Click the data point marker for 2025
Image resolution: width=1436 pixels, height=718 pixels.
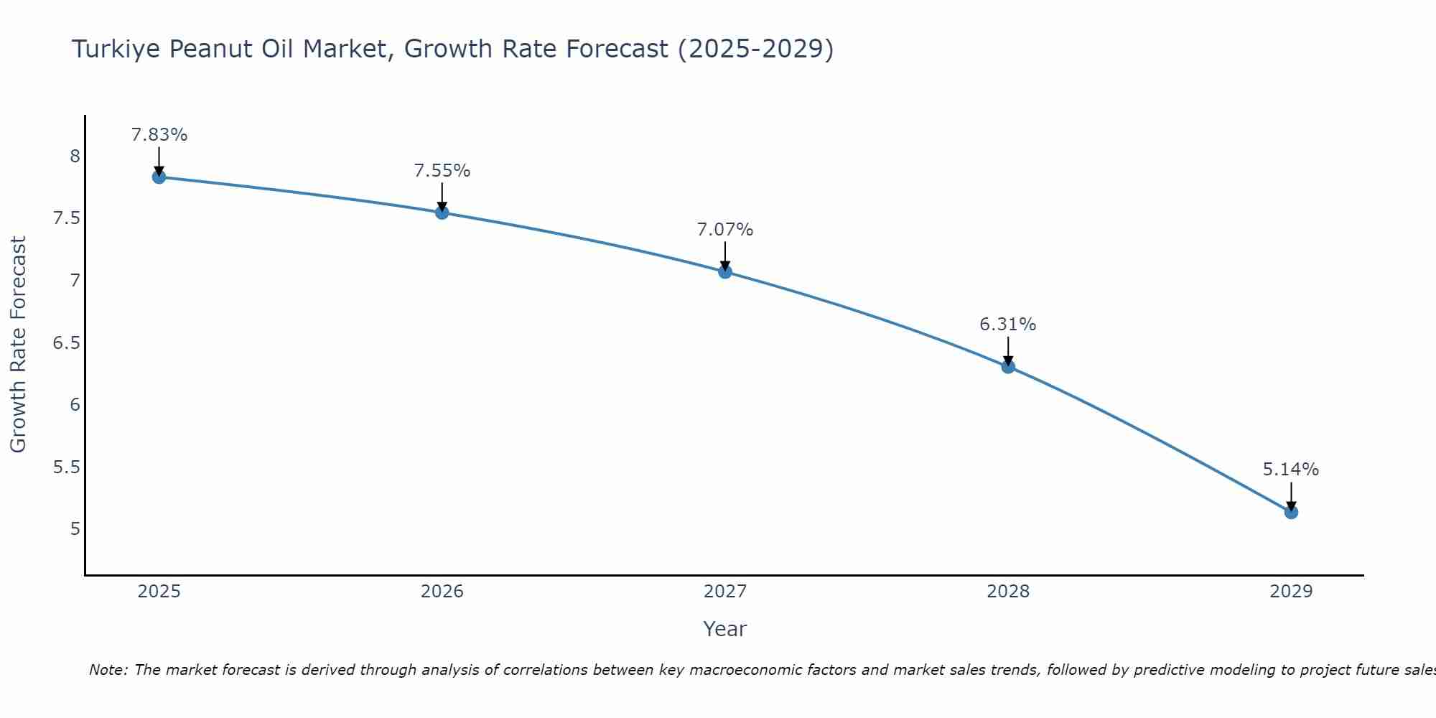[x=159, y=177]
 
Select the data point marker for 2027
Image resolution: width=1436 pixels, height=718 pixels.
[x=725, y=271]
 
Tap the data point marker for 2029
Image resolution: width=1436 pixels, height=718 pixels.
[x=1291, y=512]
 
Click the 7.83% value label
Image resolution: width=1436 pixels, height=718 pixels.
[x=159, y=135]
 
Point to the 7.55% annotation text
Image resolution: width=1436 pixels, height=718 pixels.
[x=442, y=171]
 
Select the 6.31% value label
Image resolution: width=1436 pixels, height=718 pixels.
[x=1008, y=325]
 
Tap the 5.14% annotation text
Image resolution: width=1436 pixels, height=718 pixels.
[x=1291, y=470]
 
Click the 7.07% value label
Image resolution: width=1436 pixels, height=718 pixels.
[x=725, y=230]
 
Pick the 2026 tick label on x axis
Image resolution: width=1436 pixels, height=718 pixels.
[x=442, y=592]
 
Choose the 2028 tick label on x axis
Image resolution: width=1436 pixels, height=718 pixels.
[x=1008, y=592]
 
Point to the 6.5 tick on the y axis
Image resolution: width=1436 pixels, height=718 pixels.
[x=66, y=342]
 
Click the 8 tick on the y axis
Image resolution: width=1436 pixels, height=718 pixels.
[x=75, y=157]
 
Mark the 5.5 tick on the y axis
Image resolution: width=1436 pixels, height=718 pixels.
[x=66, y=467]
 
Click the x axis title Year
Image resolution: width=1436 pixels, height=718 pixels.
[x=725, y=629]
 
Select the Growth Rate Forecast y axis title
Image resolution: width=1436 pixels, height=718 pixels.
[x=18, y=345]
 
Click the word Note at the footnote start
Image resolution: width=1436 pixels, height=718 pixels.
[x=107, y=670]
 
